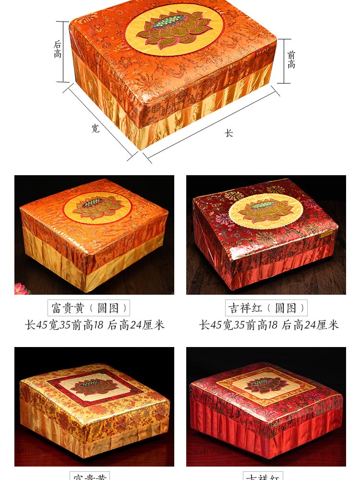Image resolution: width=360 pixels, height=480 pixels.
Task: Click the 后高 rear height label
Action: click(x=58, y=49)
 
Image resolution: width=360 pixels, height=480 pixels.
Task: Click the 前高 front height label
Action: click(x=291, y=60)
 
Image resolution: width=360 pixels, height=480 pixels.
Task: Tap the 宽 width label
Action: click(x=96, y=128)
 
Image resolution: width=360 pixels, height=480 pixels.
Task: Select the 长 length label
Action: click(x=229, y=133)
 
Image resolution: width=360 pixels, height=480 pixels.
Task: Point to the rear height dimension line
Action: click(x=63, y=51)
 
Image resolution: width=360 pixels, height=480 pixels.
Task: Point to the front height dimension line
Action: click(x=284, y=61)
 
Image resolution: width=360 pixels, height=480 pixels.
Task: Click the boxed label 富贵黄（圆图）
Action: click(x=89, y=308)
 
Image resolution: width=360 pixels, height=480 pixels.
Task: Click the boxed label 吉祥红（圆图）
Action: click(x=266, y=308)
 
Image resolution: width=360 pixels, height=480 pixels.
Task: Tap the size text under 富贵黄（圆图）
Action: click(x=95, y=325)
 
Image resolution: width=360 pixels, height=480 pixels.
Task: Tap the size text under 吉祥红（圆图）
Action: click(x=269, y=325)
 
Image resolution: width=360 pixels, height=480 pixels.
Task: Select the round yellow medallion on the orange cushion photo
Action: click(x=97, y=207)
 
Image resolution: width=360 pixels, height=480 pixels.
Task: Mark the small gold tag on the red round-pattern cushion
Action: click(x=327, y=234)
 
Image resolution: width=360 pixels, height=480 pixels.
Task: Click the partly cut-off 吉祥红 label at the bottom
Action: click(x=263, y=476)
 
